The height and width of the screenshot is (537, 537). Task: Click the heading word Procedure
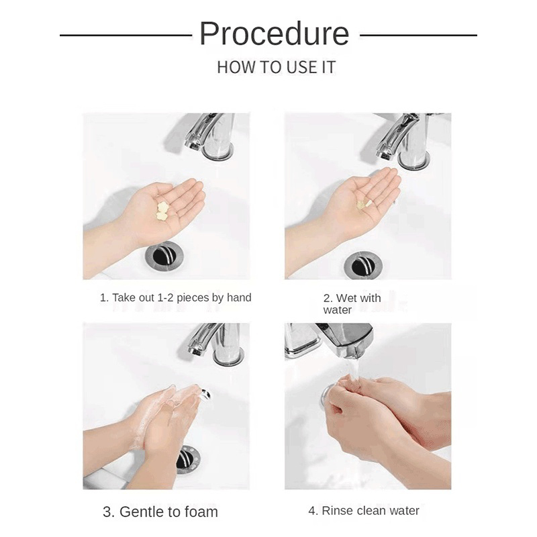click(275, 33)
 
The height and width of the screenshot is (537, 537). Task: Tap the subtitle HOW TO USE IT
click(277, 67)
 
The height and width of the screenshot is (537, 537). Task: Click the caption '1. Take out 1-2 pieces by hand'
click(175, 297)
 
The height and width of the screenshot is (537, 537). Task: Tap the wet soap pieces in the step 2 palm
click(364, 204)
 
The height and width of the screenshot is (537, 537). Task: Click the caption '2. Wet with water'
click(352, 304)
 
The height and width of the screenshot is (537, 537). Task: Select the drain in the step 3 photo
click(188, 459)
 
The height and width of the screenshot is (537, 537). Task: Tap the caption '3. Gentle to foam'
click(160, 512)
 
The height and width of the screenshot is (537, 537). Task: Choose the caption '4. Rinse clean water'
click(364, 511)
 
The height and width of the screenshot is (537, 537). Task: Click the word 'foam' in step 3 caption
click(201, 512)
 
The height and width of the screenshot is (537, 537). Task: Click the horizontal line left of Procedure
click(126, 35)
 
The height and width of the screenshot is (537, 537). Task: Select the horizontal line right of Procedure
click(418, 35)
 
